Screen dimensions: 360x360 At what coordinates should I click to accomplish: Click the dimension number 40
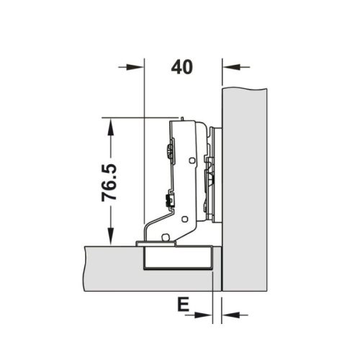tap(183, 67)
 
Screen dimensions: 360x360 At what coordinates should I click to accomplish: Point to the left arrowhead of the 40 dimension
tap(136, 67)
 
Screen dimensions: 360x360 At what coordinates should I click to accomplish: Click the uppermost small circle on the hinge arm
tap(192, 161)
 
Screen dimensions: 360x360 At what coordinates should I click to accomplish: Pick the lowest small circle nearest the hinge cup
tap(166, 238)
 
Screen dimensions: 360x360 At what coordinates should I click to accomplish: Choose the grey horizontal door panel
tap(108, 266)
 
